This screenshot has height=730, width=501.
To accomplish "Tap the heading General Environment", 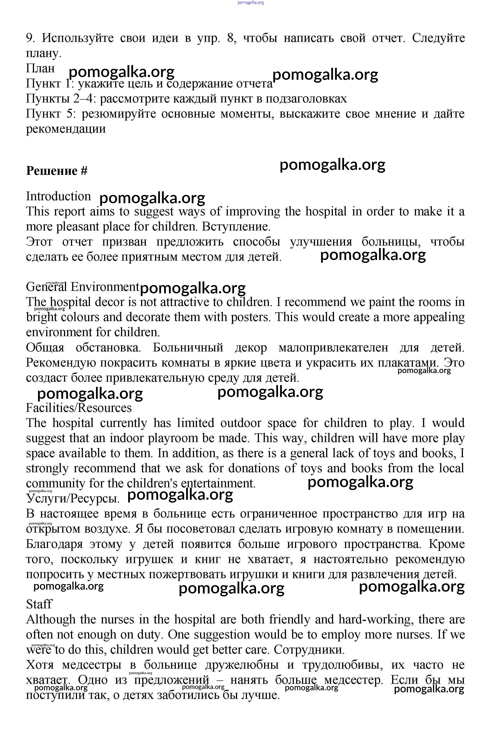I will point(82,287).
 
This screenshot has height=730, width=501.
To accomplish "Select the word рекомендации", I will point(66,129).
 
